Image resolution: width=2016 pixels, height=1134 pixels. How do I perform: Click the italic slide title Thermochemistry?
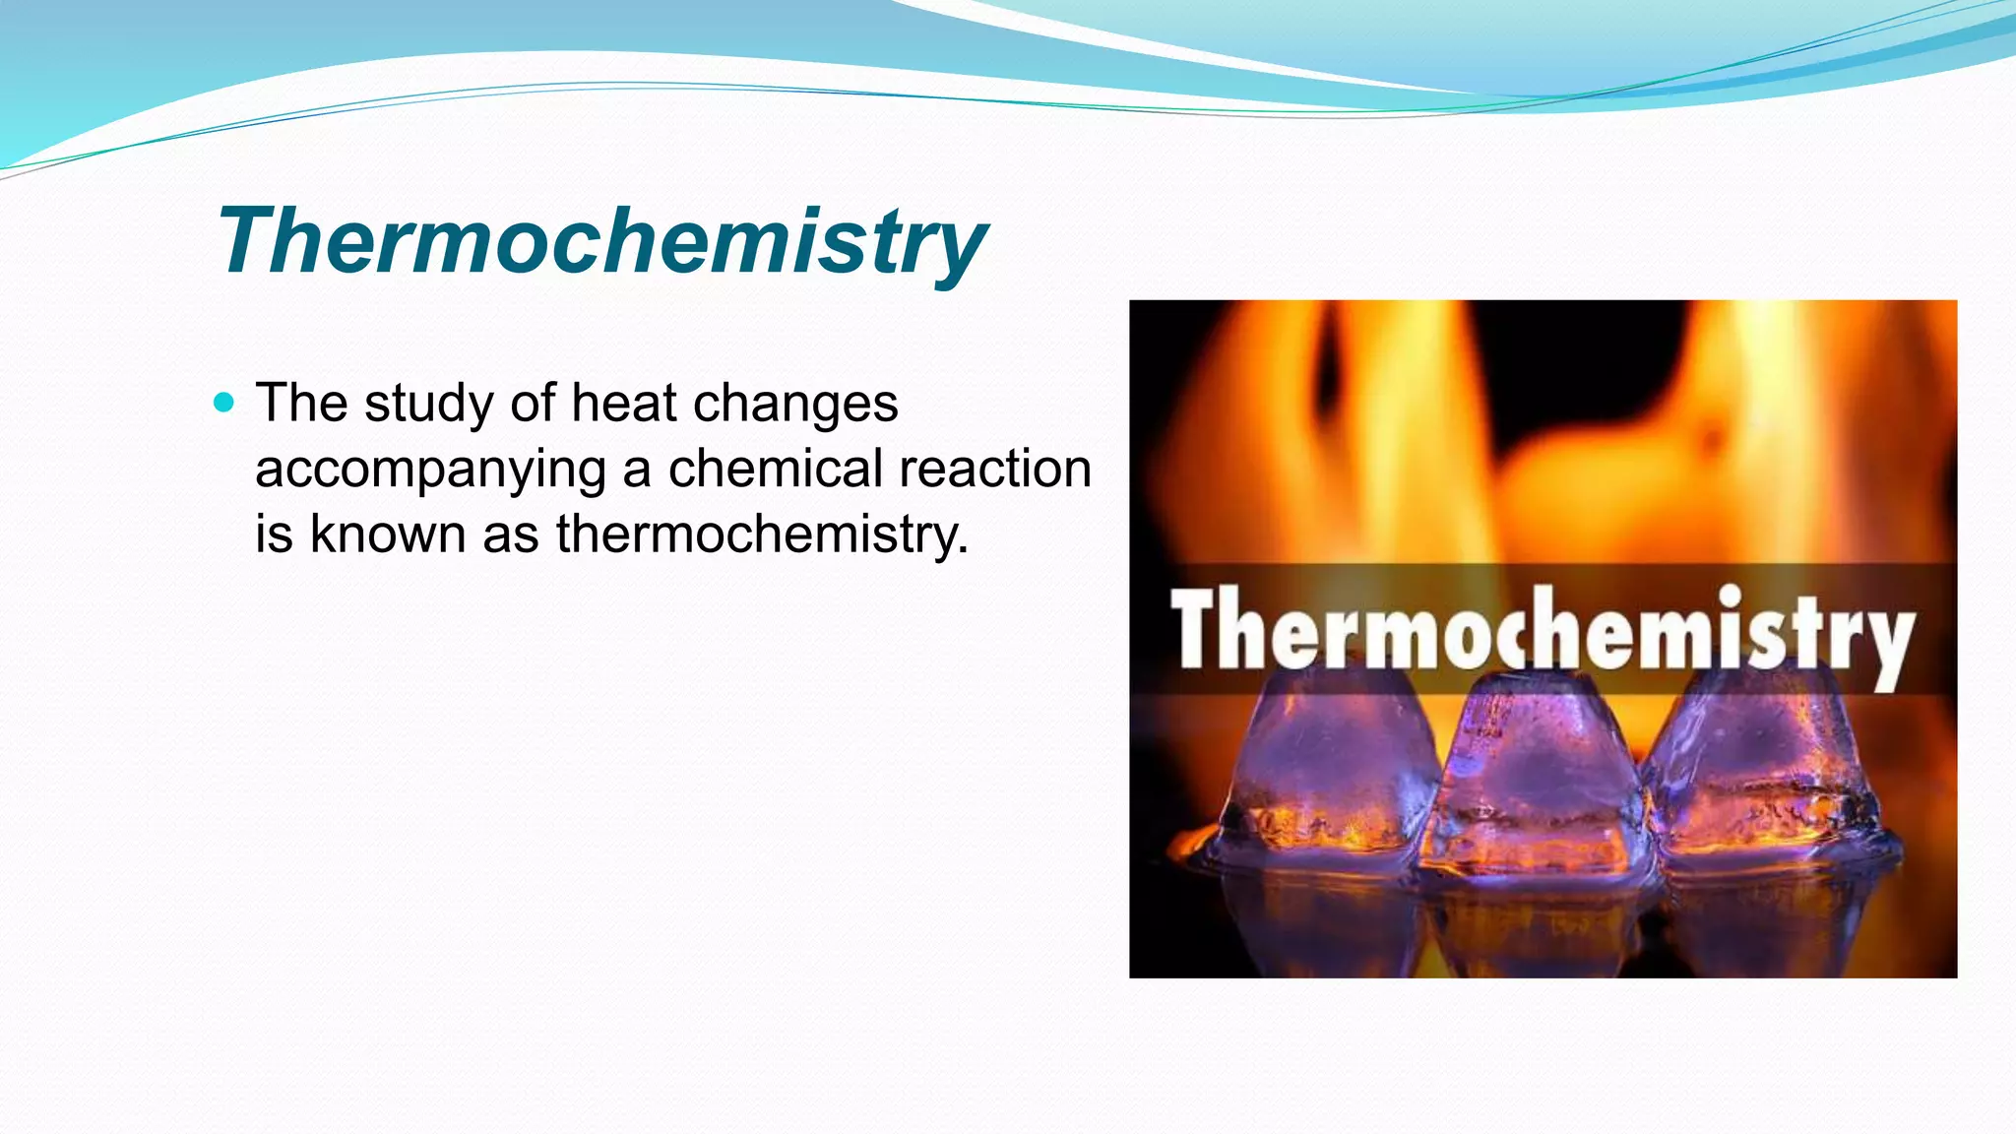pos(600,240)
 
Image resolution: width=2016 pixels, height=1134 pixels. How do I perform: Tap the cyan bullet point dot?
pos(224,402)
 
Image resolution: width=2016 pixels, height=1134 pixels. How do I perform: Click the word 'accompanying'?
pos(430,471)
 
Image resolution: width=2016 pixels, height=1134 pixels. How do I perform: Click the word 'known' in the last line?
pos(388,534)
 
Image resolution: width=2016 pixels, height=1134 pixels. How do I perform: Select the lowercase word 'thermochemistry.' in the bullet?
pos(763,535)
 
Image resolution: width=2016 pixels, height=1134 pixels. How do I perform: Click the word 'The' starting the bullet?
pos(301,403)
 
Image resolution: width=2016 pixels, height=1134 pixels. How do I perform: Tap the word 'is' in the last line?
pos(274,534)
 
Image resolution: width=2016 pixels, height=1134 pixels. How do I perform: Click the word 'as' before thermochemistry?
pos(510,534)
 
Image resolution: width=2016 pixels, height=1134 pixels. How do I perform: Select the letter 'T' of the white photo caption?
pos(1195,628)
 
